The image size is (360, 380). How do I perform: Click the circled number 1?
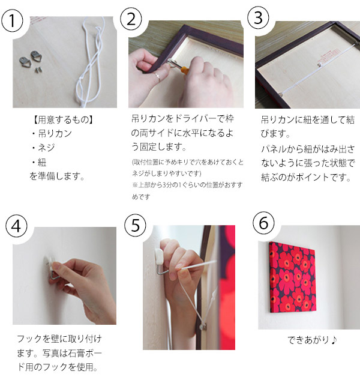pos(12,21)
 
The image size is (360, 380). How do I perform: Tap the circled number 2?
pos(131,19)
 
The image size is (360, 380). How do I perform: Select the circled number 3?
pos(258,17)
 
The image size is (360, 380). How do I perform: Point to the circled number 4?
pos(16,226)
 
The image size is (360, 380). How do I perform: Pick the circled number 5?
pos(135,225)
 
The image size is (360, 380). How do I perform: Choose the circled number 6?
pos(263,223)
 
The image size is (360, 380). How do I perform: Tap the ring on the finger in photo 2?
pos(157,76)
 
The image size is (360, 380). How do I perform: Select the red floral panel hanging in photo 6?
pos(293,278)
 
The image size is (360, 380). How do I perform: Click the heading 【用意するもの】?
pos(63,119)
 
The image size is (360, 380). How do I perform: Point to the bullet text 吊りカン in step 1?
pos(55,133)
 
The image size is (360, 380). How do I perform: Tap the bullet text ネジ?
pos(46,148)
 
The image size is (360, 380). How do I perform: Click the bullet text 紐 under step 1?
pos(42,162)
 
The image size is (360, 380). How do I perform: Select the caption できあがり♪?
pos(312,340)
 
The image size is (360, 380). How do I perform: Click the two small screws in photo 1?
pos(38,70)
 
